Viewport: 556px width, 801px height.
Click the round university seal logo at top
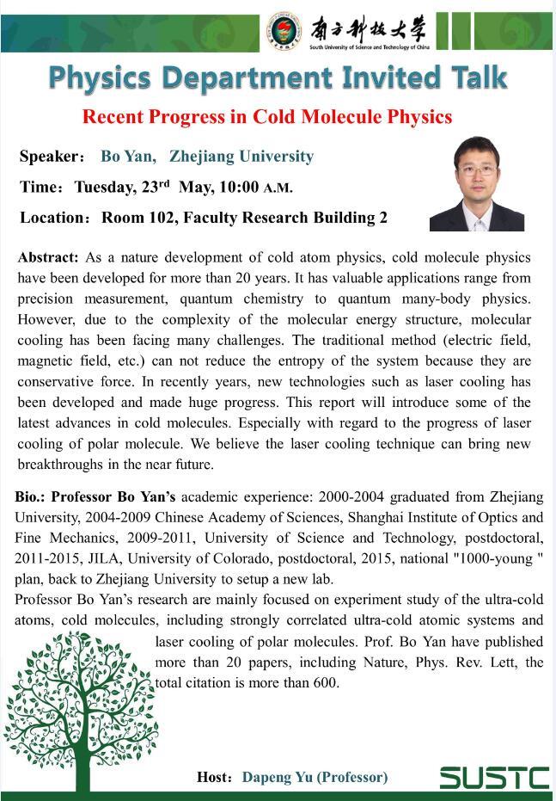(x=284, y=31)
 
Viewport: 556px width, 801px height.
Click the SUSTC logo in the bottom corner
(x=494, y=777)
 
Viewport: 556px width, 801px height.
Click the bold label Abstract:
(x=48, y=257)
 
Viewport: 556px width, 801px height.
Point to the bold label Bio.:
(x=31, y=497)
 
